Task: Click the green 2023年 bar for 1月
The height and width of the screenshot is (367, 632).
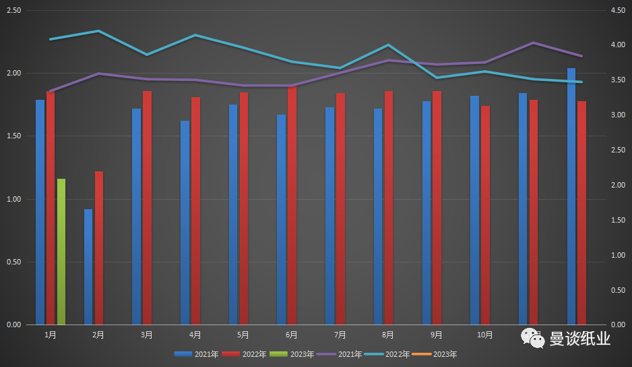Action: [61, 252]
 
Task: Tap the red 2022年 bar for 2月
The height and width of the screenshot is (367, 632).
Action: [99, 248]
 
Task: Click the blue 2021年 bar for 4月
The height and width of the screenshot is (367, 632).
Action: [185, 223]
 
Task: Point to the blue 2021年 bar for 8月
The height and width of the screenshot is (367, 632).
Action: [378, 217]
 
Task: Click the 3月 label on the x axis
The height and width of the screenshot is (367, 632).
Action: [146, 335]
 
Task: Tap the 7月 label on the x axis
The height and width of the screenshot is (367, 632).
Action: [340, 335]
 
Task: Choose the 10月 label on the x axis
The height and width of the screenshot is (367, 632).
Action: [484, 335]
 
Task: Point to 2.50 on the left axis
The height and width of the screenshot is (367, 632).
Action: [13, 11]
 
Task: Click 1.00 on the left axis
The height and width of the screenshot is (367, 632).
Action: [13, 199]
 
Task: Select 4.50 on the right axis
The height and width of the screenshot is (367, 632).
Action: [618, 11]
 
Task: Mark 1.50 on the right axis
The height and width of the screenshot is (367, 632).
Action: [618, 220]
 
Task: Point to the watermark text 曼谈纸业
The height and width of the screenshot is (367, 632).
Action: [579, 338]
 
